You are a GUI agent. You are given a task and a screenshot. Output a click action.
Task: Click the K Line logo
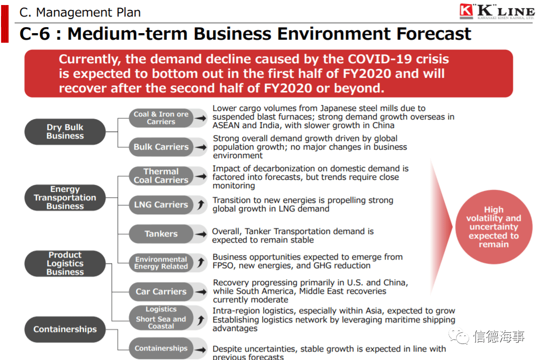tap(497, 11)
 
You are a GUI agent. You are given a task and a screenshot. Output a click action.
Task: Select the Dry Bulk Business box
tap(65, 132)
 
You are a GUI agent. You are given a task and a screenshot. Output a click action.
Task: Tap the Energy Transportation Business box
tap(65, 198)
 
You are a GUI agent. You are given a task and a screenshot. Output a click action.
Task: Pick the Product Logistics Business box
tap(65, 263)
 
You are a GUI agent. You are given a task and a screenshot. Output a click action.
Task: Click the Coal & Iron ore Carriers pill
tap(161, 118)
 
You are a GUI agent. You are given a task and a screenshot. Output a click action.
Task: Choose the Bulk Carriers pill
tap(161, 147)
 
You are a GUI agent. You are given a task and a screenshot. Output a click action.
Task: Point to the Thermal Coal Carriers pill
tap(161, 176)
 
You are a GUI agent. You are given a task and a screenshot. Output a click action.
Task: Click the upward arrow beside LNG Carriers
tap(200, 204)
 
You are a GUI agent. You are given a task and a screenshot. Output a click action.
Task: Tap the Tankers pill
tap(161, 234)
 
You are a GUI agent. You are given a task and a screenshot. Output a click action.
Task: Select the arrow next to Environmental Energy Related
tap(200, 263)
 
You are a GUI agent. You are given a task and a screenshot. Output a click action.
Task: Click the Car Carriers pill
tap(161, 292)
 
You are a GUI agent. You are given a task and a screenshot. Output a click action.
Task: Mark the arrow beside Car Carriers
tap(200, 292)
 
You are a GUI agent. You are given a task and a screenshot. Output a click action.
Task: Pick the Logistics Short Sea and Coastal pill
tap(161, 317)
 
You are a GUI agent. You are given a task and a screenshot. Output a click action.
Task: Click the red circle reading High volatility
tap(494, 227)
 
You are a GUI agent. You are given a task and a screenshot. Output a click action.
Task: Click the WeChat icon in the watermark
tap(458, 336)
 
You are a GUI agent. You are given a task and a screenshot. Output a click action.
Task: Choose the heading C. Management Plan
tap(80, 13)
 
